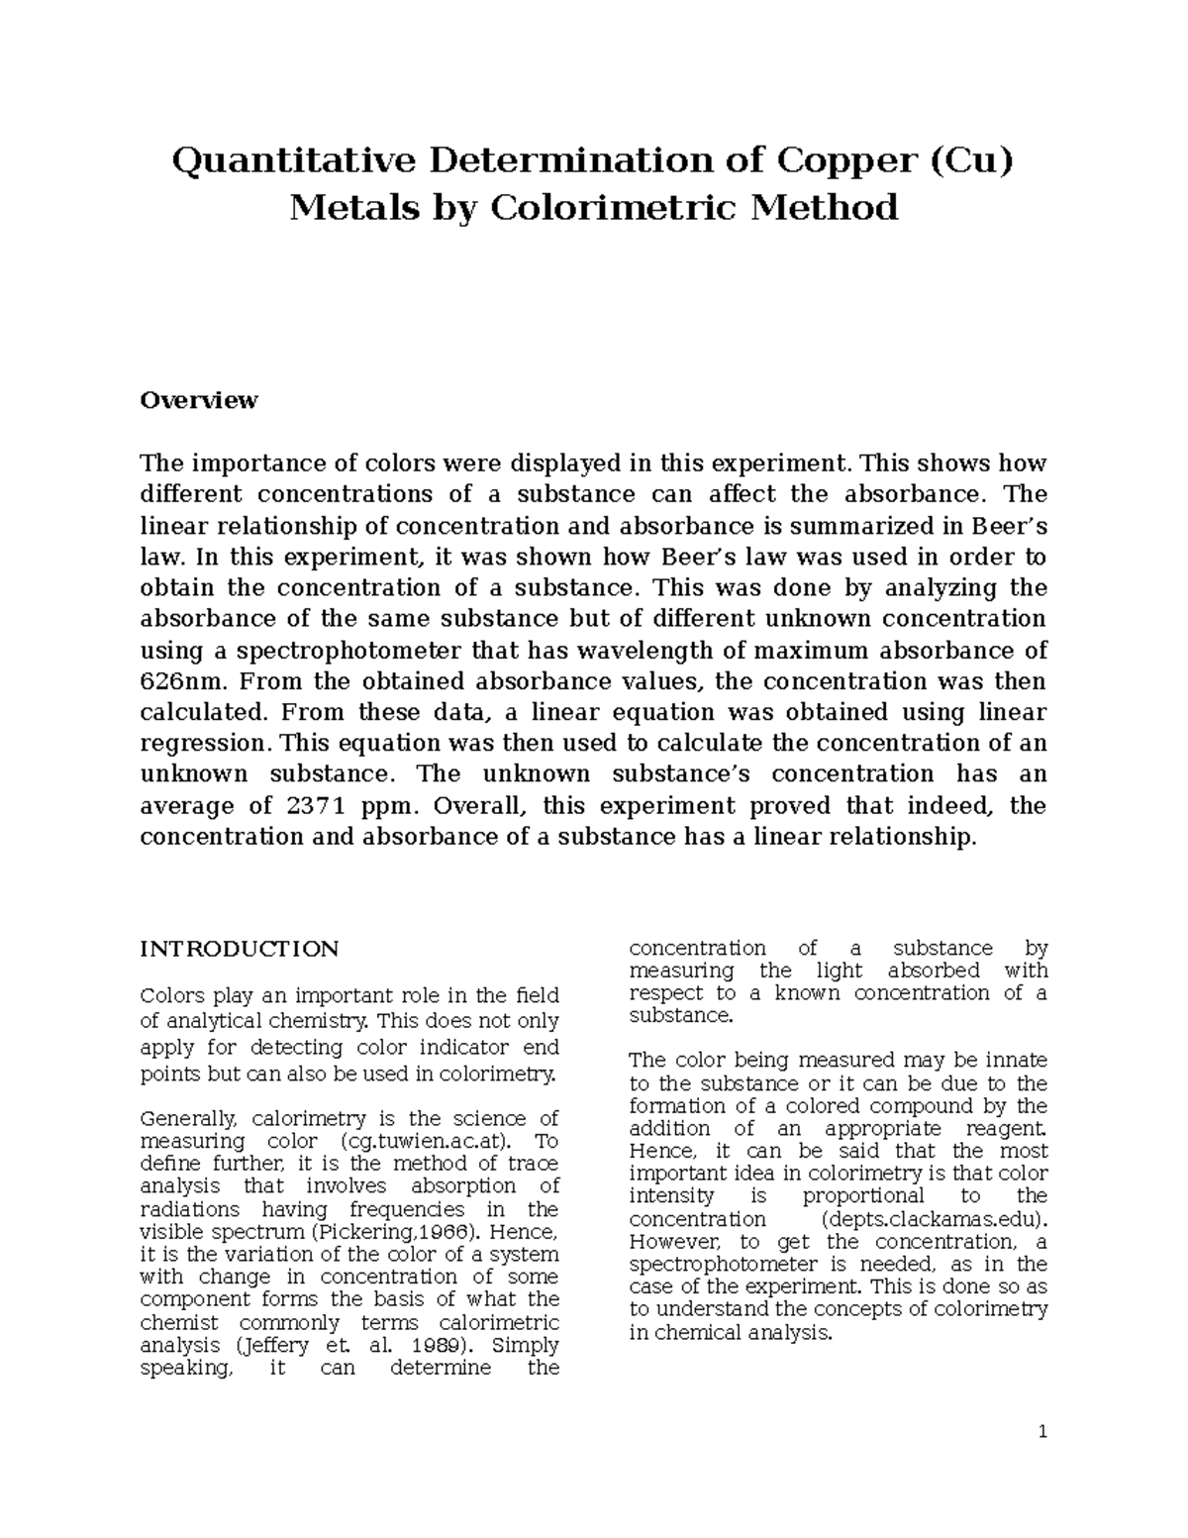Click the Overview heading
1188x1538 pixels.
(198, 400)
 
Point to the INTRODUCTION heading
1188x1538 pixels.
(239, 949)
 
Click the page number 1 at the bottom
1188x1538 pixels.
(1042, 1432)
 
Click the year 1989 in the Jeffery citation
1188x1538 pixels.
(436, 1345)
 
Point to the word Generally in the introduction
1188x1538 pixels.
(189, 1118)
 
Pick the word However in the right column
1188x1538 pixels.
(670, 1242)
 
